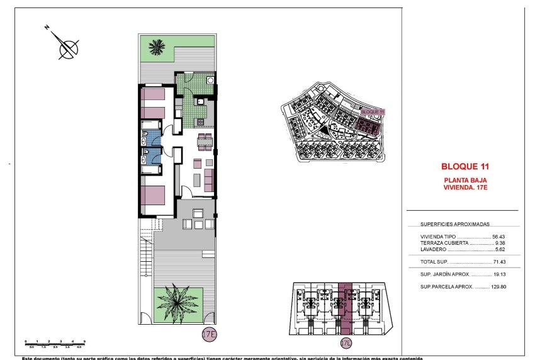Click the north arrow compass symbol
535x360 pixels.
tap(65, 45)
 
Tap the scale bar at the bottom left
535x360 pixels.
tap(54, 342)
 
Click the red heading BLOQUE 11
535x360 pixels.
tap(465, 167)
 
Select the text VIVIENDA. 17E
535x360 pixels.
tap(465, 187)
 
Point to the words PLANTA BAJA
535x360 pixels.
tap(465, 180)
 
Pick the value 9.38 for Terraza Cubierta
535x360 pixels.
tap(501, 243)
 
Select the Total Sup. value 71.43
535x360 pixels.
tap(499, 261)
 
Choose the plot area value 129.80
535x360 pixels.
tap(498, 287)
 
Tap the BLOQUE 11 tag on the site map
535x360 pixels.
tap(373, 111)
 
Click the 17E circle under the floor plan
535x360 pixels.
tap(209, 333)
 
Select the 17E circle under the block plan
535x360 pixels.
tap(345, 343)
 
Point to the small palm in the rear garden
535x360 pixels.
tap(155, 48)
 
